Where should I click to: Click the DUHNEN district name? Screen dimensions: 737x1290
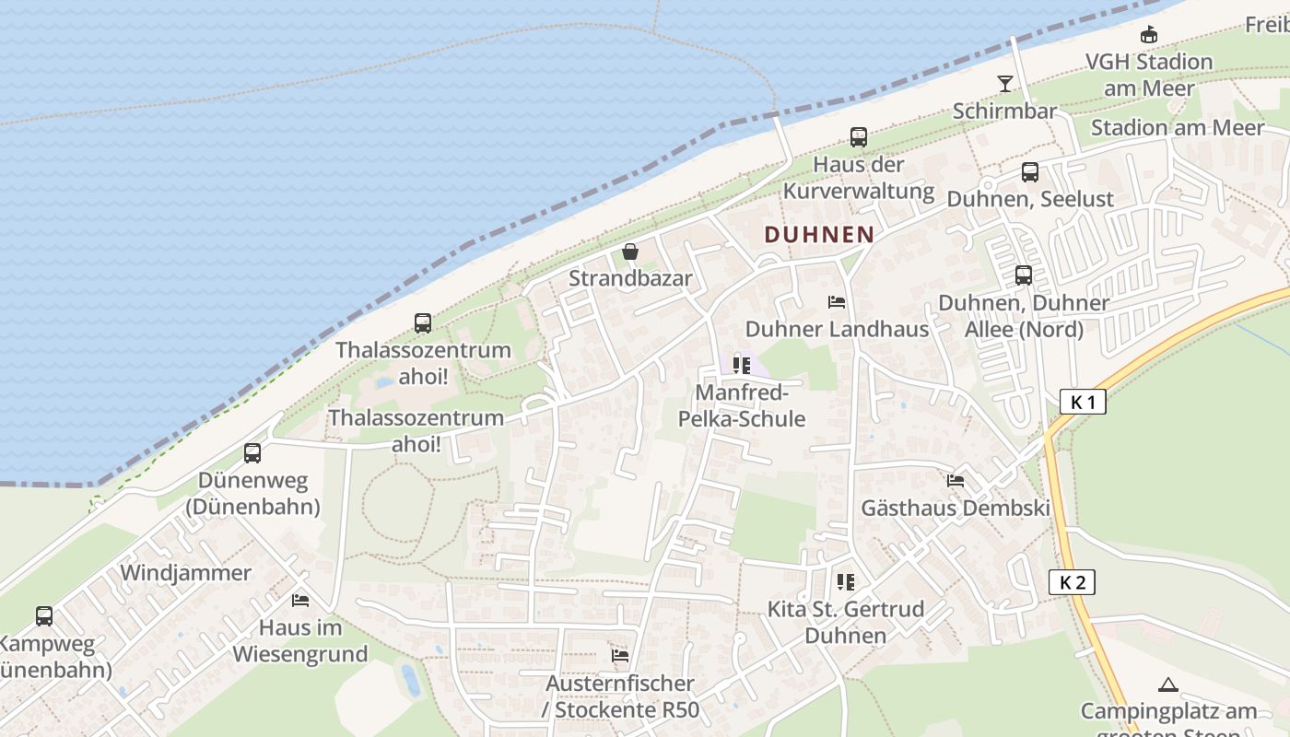[818, 234]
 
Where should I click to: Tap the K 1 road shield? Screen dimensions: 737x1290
[1082, 402]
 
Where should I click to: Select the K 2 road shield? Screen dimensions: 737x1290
[1072, 582]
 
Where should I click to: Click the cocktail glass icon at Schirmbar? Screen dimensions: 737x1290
[1004, 84]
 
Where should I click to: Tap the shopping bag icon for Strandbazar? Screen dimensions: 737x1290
[630, 251]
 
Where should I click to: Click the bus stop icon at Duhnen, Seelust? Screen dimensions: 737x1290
[1030, 171]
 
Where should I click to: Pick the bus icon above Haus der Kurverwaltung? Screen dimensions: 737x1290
[859, 137]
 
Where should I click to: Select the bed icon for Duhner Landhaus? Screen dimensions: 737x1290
[837, 301]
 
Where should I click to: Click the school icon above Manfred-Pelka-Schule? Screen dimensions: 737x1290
[742, 366]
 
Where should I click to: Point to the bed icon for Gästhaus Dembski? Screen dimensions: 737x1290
[956, 480]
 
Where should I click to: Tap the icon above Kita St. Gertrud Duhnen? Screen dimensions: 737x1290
[845, 581]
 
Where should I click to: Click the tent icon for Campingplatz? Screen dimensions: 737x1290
[1168, 684]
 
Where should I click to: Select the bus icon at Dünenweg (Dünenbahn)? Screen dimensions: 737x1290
[252, 452]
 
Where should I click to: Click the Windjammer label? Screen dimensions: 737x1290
[185, 573]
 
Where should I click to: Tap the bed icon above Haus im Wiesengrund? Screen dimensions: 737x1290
[300, 600]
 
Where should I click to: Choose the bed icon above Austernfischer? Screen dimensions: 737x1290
[620, 655]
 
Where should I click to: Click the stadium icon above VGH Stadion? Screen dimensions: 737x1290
[1148, 35]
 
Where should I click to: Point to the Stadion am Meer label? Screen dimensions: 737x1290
[1177, 128]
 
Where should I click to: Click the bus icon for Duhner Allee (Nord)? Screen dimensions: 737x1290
[1023, 275]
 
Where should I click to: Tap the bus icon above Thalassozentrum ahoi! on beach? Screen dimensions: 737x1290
[423, 322]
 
